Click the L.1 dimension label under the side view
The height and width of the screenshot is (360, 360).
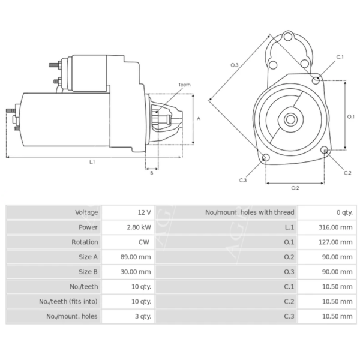92,161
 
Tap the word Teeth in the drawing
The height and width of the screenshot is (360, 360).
184,85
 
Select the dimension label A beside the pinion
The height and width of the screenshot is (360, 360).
199,119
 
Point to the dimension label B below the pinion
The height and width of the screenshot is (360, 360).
151,173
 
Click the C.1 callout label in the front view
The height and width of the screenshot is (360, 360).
340,57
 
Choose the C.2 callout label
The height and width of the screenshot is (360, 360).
347,173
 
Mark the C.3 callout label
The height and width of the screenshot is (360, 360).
242,180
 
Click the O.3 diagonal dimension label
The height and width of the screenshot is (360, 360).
235,65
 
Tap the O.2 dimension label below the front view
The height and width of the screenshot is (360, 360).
295,188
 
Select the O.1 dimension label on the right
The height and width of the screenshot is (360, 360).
351,116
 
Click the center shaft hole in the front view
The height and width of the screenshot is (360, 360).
291,119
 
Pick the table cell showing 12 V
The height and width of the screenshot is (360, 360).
144,212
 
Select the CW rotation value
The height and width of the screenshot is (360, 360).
144,242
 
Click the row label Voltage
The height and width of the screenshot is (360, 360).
86,212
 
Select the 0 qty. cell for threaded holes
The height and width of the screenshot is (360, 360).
344,212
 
